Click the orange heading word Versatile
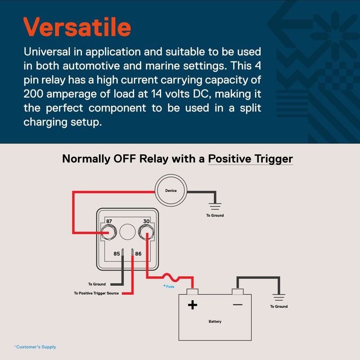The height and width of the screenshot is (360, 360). (77, 27)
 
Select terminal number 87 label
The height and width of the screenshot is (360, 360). (109, 221)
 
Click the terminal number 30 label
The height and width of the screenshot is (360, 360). (146, 221)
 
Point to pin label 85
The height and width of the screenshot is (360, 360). (117, 254)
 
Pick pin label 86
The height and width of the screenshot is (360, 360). (138, 254)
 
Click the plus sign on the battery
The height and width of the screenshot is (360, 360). (193, 305)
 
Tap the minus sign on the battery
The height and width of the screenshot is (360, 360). (238, 305)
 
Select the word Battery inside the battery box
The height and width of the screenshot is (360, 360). (215, 321)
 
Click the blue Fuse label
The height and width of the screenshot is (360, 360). (169, 286)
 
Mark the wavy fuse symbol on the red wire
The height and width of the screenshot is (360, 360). (171, 277)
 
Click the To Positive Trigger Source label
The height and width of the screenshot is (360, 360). (96, 293)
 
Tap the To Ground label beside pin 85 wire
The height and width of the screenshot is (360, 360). (97, 284)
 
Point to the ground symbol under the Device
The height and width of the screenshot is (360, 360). (215, 207)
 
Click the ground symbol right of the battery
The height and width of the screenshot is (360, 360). (279, 297)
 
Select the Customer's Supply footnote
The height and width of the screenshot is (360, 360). (35, 347)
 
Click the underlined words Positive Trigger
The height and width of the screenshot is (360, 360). (251, 159)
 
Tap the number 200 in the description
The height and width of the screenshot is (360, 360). (33, 94)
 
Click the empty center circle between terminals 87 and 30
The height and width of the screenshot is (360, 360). (127, 232)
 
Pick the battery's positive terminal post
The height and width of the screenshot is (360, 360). (193, 292)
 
